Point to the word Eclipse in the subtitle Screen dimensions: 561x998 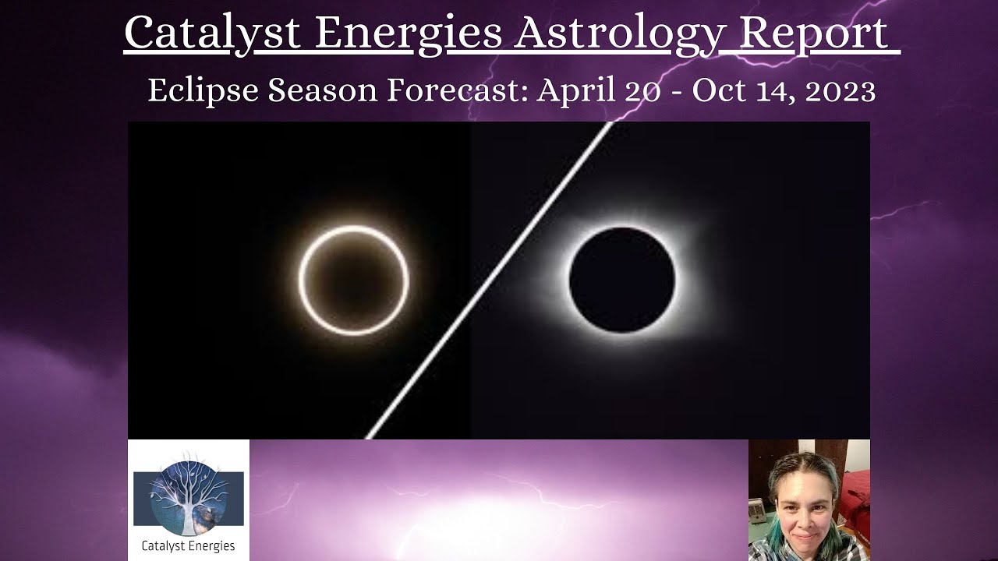[x=203, y=91]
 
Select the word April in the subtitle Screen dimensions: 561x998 [x=575, y=91]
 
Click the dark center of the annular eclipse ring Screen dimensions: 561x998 [x=353, y=280]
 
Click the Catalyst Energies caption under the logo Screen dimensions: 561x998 [x=188, y=546]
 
